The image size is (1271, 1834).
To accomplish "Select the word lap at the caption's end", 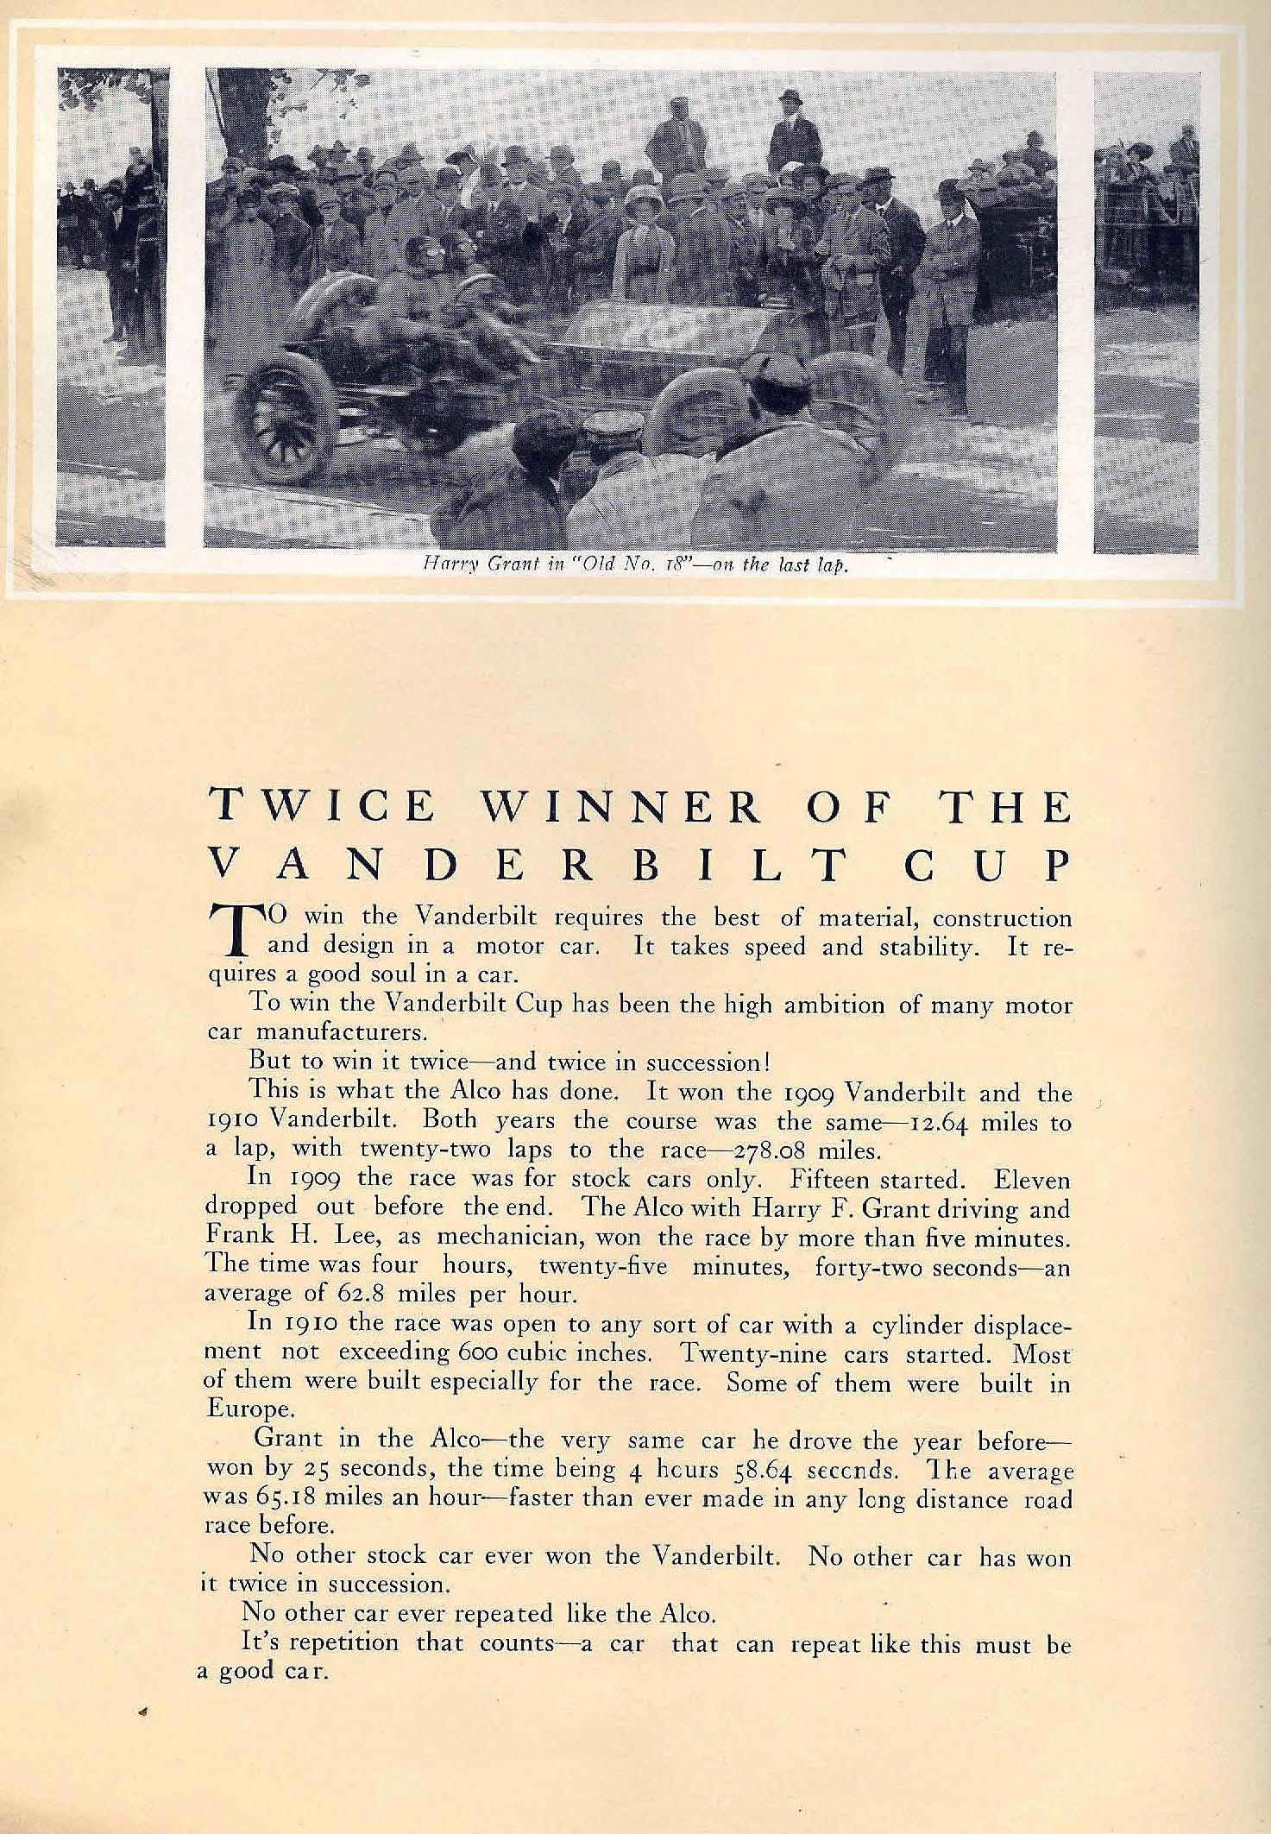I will pos(827,566).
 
